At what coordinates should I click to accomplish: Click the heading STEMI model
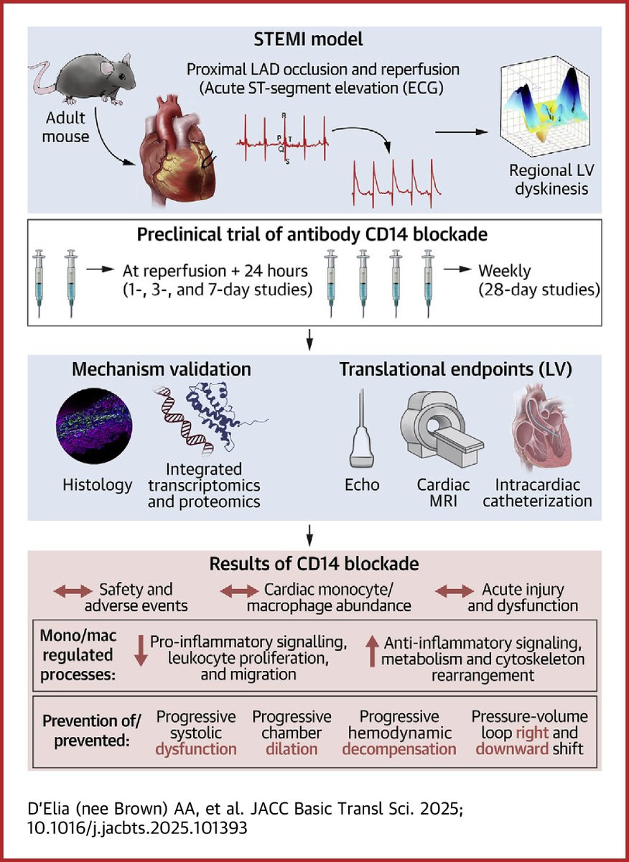coord(308,40)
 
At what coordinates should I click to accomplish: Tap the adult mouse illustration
coord(83,79)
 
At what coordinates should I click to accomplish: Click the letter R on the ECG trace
coord(284,115)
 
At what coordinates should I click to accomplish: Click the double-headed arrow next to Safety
coord(73,590)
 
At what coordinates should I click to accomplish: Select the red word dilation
coord(292,749)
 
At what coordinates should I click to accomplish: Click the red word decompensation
coord(399,750)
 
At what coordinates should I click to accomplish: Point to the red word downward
coord(512,749)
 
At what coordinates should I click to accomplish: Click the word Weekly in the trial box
coord(504,272)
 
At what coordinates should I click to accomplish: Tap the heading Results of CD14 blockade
coord(314,564)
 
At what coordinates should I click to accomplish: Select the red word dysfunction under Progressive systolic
coord(196,750)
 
